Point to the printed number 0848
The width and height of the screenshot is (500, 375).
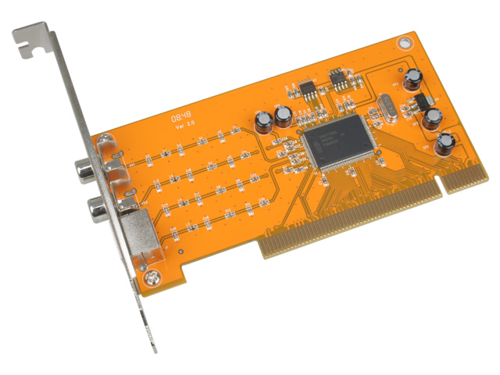click(x=180, y=116)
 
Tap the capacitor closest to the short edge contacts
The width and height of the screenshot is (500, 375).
click(x=445, y=143)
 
